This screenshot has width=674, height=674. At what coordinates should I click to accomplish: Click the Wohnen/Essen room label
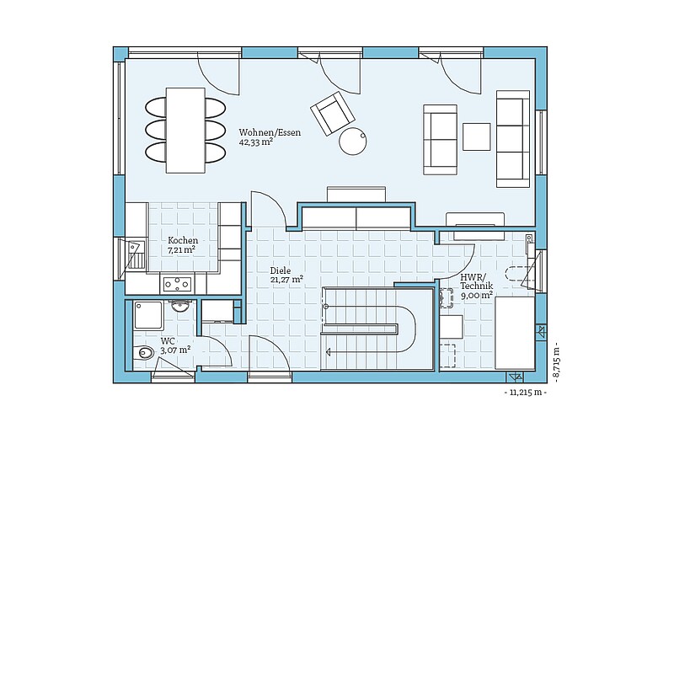270,132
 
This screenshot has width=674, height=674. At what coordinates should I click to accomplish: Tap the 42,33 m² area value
257,142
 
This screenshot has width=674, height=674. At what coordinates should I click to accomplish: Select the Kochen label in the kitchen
183,240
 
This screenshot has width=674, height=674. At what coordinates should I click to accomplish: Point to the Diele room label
281,270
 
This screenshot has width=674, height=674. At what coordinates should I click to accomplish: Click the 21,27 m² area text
286,280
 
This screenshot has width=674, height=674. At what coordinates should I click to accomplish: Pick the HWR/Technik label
477,281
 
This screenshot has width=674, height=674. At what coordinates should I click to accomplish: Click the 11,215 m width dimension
525,393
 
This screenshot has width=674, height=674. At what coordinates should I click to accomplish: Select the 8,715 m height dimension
557,362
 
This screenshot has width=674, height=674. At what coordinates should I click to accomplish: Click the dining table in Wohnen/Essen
185,131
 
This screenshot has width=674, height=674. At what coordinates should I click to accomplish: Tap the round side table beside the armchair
352,141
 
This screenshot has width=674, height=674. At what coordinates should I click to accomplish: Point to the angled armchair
332,113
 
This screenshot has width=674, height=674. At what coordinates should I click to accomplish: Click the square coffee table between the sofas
476,136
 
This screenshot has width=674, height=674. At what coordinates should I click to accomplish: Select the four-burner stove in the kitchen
177,284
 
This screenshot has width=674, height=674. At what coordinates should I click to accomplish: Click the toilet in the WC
142,353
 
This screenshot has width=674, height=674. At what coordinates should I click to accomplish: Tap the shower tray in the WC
148,315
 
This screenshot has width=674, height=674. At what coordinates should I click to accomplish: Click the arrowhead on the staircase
329,352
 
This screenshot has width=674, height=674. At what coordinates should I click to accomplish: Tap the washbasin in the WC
179,306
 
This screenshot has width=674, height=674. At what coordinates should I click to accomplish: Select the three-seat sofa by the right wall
513,139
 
